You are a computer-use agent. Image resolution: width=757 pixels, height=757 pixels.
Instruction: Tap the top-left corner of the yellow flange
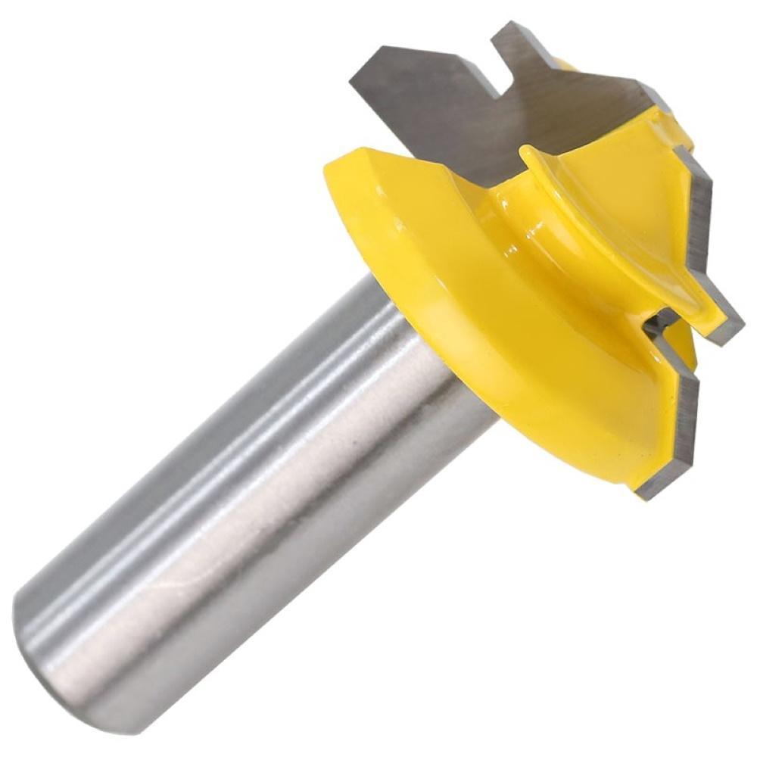pyautogui.click(x=333, y=167)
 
